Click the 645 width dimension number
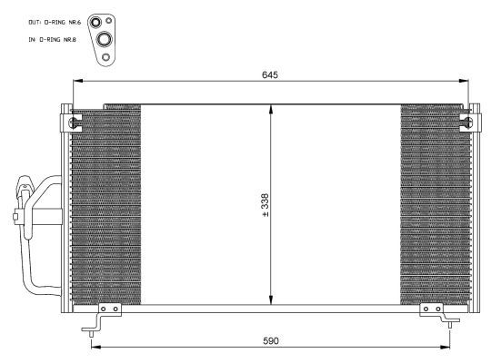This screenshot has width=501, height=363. pos(270,75)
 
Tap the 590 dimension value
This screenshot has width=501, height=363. pos(271,341)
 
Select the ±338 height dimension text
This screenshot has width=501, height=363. pos(266,205)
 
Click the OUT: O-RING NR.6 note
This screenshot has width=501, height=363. pos(55,23)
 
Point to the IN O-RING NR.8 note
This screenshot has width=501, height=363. pos(53,40)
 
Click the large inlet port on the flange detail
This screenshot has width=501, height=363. pos(105,39)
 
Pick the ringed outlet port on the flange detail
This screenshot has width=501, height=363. pos(95,23)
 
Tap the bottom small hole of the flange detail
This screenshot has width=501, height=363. pos(105,57)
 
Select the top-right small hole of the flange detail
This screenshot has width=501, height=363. pos(108,21)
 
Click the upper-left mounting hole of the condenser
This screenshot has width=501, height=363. pos(74,122)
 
